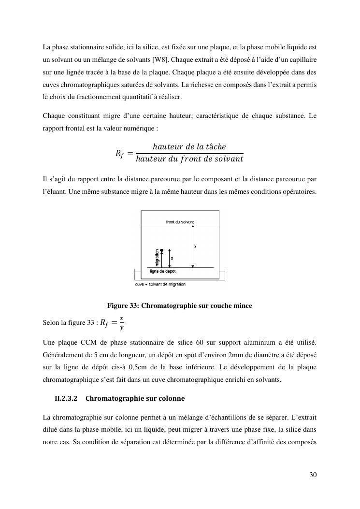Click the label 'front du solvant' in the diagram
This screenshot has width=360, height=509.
pyautogui.click(x=180, y=222)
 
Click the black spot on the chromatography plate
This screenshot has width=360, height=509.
pyautogui.click(x=162, y=250)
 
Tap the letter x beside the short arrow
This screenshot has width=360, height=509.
pyautogui.click(x=172, y=259)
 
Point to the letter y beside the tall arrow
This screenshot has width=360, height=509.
pyautogui.click(x=195, y=246)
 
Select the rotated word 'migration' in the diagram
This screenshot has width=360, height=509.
pyautogui.click(x=157, y=257)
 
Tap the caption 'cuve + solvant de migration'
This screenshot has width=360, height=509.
pyautogui.click(x=160, y=284)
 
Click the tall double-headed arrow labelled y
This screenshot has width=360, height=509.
pyautogui.click(x=192, y=246)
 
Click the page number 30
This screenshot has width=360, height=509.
pyautogui.click(x=313, y=475)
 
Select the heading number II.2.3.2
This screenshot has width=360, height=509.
pyautogui.click(x=67, y=399)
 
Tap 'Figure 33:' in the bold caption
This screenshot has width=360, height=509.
pyautogui.click(x=123, y=305)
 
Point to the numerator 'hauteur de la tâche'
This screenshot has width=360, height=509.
pyautogui.click(x=189, y=146)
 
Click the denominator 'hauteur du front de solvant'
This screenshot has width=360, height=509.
pyautogui.click(x=189, y=159)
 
